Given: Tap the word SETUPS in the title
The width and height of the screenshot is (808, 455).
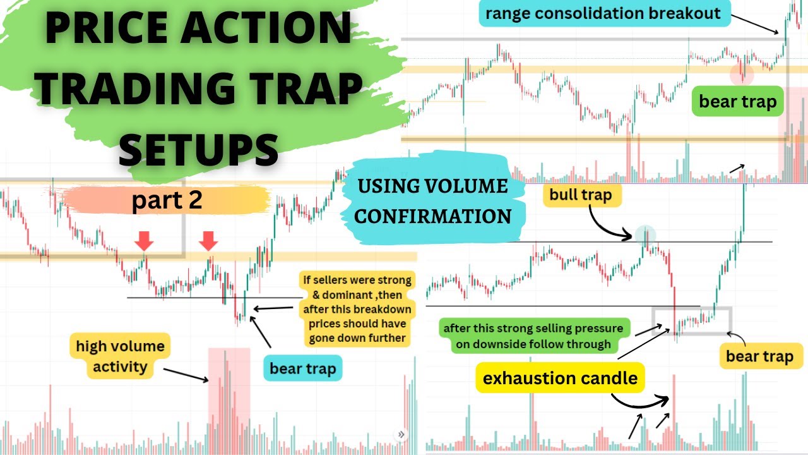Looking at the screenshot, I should pos(199,149).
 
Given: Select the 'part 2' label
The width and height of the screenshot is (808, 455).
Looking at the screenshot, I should pos(167,200).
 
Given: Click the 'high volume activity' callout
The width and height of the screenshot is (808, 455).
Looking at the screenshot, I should pos(120,356).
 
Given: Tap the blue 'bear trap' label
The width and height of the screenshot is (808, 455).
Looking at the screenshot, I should pos(302,368).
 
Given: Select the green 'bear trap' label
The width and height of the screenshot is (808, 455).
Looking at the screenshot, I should pos(737,101).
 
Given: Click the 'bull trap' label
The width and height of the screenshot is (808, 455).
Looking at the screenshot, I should pos(581,195).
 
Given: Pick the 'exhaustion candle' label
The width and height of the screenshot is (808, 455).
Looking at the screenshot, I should pos(560,378).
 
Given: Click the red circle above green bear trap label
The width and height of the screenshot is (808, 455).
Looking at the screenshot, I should pos(742,73).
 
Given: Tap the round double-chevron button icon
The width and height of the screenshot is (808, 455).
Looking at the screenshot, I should pos(401,434).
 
